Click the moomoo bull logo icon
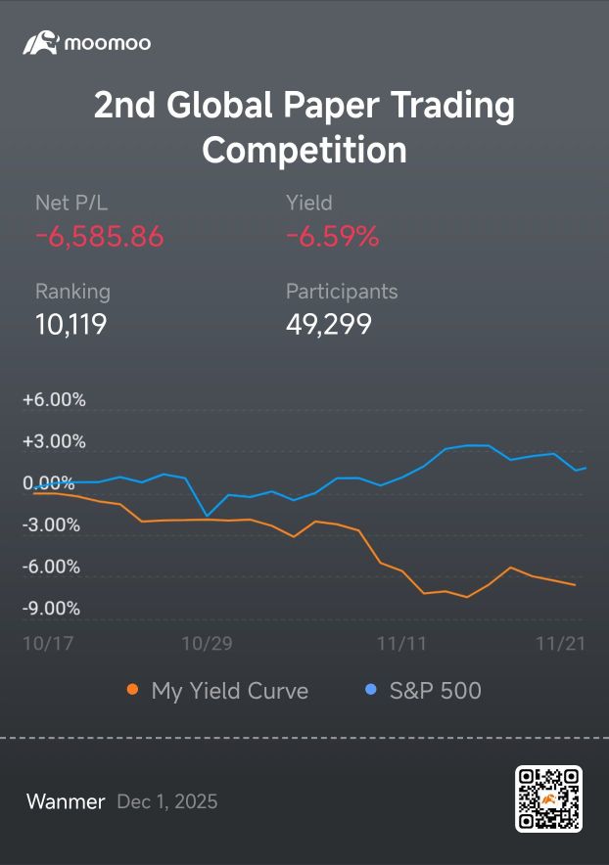tap(41, 42)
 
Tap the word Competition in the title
tap(304, 150)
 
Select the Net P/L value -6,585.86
tap(100, 237)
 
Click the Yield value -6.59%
tap(332, 237)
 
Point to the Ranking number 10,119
tap(70, 324)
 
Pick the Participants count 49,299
tap(329, 324)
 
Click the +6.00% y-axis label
tap(54, 399)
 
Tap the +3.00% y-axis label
tap(54, 441)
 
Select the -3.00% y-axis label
tap(51, 524)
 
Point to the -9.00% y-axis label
tap(51, 608)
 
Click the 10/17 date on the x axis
tap(48, 643)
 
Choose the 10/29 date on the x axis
tap(207, 643)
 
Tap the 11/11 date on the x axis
tap(401, 643)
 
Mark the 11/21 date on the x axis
tap(560, 643)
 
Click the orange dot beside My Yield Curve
tap(132, 689)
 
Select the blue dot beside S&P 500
tap(371, 689)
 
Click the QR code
tap(549, 798)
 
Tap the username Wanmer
tap(66, 801)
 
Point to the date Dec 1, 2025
tap(167, 801)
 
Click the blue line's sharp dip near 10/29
tap(207, 516)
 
